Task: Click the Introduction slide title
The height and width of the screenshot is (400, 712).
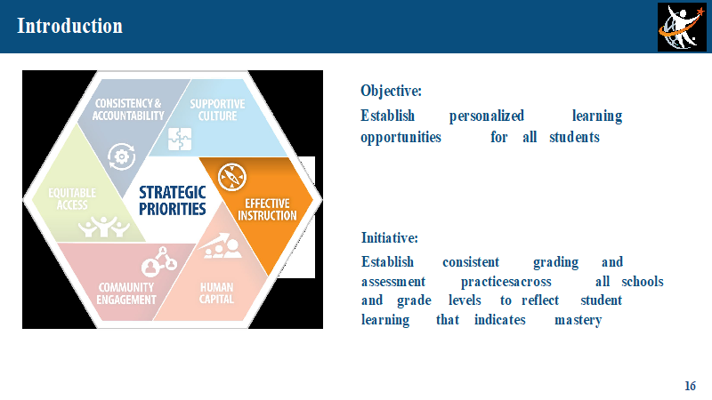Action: [x=69, y=26]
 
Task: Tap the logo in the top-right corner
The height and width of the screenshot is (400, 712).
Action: [x=682, y=27]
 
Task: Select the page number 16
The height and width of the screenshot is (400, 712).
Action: [x=690, y=386]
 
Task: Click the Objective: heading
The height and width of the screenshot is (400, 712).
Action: [x=391, y=92]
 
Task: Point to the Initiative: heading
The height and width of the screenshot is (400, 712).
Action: [x=389, y=237]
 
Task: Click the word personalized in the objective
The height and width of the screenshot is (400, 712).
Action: [x=486, y=116]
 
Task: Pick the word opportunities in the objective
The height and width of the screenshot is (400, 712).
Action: [x=400, y=138]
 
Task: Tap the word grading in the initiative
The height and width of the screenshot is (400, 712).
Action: [x=555, y=262]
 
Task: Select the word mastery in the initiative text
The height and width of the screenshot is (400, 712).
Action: [x=578, y=320]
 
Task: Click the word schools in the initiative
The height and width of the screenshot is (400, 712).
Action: [x=642, y=282]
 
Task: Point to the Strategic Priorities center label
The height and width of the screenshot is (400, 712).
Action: [x=172, y=201]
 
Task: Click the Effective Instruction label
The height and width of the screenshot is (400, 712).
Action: [x=267, y=210]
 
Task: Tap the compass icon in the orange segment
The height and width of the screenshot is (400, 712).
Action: [x=232, y=177]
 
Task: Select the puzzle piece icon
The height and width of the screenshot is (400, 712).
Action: [x=180, y=139]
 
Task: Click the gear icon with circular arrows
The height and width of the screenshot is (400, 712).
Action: [x=121, y=157]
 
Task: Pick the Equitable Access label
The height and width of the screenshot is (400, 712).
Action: [x=72, y=199]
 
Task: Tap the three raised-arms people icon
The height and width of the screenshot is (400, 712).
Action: [x=104, y=227]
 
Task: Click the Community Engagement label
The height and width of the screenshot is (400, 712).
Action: [x=126, y=293]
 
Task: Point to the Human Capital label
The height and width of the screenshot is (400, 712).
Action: [x=216, y=293]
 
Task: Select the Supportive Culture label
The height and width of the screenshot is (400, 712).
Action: [x=217, y=110]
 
